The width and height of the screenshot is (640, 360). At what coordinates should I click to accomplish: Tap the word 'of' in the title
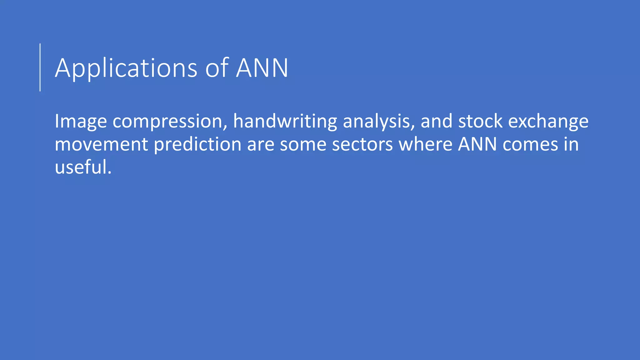click(217, 68)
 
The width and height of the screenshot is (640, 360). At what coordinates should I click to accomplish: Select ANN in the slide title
click(262, 68)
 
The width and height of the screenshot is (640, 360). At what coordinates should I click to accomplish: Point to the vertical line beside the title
click(40, 67)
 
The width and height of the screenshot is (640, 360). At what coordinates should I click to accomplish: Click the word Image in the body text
click(81, 121)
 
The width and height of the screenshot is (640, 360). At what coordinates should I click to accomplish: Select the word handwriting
click(285, 121)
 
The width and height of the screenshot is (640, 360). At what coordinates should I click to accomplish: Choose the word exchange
click(548, 121)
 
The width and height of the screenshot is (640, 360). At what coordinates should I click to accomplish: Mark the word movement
click(101, 144)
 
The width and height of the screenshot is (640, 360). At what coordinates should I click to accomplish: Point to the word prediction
click(197, 144)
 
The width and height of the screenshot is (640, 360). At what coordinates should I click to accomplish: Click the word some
click(303, 144)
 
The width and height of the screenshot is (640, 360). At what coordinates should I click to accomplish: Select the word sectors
click(362, 144)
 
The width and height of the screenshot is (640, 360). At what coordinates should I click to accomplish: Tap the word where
click(425, 144)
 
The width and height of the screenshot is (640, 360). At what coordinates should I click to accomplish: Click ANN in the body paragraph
click(477, 144)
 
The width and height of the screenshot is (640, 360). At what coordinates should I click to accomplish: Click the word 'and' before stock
click(436, 121)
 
